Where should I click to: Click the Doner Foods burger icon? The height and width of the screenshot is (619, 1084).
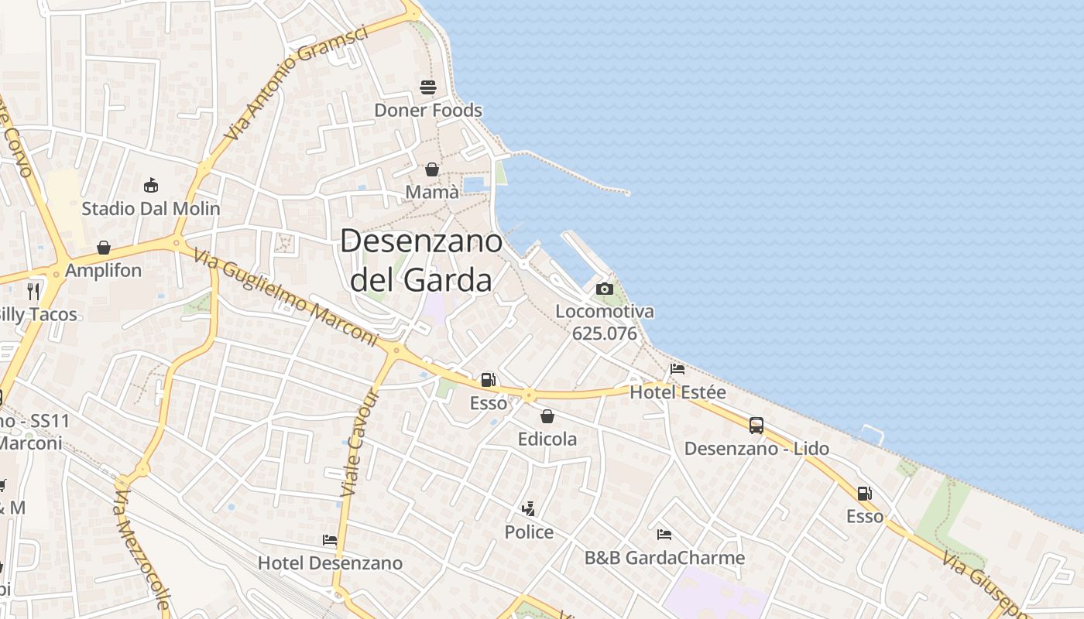point(428,87)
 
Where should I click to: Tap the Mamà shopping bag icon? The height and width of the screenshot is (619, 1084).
point(432,169)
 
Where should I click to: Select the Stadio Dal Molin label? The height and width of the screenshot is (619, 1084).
point(151,208)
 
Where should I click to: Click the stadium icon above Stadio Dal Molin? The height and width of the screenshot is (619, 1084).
point(151,186)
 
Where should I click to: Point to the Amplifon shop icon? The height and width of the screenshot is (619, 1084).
point(104,248)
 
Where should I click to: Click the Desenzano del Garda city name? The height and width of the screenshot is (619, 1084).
point(421,261)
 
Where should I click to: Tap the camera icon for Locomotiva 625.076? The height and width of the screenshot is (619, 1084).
point(605,289)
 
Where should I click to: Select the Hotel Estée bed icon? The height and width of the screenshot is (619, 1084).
point(677,369)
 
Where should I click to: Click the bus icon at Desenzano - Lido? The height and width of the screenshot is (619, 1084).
point(756,425)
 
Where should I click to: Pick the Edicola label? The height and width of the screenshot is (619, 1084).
point(547,439)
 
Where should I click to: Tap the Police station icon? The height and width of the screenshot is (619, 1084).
point(529,509)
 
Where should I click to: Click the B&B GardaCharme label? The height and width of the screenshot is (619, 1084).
point(664,558)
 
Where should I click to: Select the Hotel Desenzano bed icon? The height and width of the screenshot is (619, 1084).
point(330,540)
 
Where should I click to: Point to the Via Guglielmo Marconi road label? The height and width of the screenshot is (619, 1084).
point(286,298)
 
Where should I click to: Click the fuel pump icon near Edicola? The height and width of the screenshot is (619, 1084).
point(488,379)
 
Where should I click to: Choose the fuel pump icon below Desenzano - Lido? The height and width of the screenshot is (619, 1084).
point(864,494)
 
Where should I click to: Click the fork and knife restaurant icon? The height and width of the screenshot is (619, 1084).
point(33,291)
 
